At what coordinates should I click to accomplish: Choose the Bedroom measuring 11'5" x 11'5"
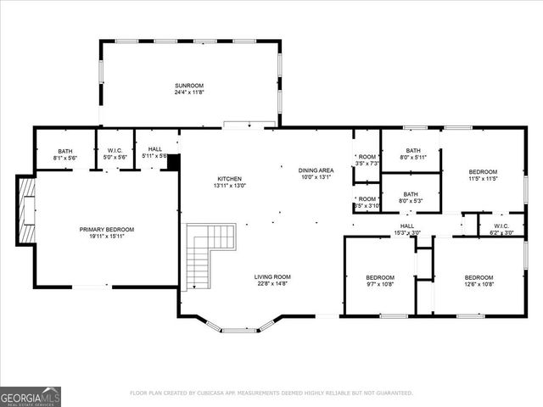(x=483, y=176)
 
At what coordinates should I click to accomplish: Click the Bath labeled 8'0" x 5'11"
(x=413, y=153)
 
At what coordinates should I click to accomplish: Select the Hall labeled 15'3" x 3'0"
(x=407, y=229)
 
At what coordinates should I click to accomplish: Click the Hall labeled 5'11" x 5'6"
(x=154, y=152)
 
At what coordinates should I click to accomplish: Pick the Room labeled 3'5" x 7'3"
(x=367, y=159)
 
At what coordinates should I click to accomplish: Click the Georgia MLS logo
(x=31, y=396)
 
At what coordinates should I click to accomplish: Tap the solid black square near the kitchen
(x=174, y=162)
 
